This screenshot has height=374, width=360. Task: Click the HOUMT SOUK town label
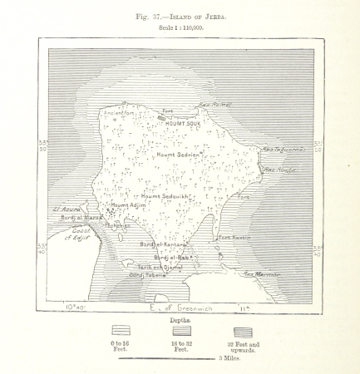pyautogui.click(x=184, y=123)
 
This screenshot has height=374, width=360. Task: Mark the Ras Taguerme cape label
pyautogui.click(x=284, y=150)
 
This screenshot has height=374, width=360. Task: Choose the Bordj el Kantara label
pyautogui.click(x=161, y=244)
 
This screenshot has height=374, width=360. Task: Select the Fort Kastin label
pyautogui.click(x=234, y=238)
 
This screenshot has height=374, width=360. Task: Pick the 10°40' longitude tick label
pyautogui.click(x=74, y=308)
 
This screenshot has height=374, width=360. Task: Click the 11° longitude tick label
pyautogui.click(x=244, y=308)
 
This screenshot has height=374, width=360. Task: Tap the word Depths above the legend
pyautogui.click(x=180, y=319)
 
